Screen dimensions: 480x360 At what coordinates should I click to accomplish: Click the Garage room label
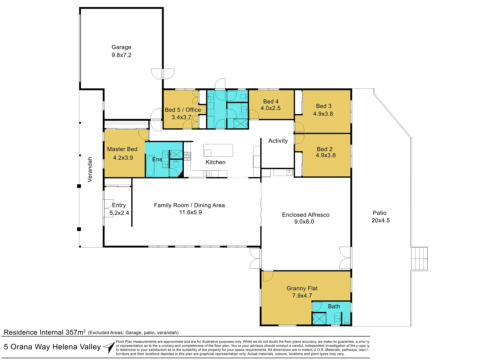click(121, 47)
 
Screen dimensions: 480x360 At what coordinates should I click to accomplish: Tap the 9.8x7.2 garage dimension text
click(121, 55)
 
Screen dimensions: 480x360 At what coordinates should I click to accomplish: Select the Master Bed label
click(122, 149)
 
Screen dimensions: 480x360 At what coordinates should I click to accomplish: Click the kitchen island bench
click(218, 150)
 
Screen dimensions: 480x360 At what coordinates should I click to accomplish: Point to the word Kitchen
click(215, 162)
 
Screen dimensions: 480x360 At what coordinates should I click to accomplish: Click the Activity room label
click(278, 141)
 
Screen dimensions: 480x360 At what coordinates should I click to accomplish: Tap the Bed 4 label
click(271, 101)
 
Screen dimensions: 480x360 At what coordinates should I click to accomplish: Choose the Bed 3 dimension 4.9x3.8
click(323, 114)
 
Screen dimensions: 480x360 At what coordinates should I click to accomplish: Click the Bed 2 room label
click(325, 149)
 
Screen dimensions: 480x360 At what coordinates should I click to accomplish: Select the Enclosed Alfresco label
click(306, 215)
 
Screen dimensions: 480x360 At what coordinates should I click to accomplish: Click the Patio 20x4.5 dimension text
click(381, 220)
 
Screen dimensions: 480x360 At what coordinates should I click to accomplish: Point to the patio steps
click(419, 259)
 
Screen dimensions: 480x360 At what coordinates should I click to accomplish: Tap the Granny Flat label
click(302, 288)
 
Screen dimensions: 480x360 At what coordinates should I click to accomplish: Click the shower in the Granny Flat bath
click(319, 319)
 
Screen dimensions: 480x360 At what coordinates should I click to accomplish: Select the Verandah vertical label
click(90, 169)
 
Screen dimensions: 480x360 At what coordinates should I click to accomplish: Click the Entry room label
click(119, 205)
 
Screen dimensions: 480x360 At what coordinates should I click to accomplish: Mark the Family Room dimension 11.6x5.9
click(190, 212)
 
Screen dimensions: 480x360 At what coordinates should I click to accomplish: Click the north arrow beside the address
click(110, 347)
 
